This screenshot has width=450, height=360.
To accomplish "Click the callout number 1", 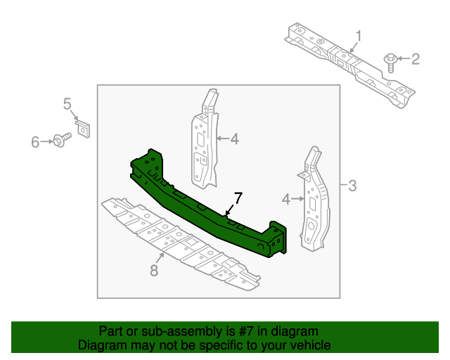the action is (x=359, y=36).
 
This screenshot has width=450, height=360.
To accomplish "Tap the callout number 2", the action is (x=416, y=59).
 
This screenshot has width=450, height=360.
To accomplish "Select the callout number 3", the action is (x=352, y=186).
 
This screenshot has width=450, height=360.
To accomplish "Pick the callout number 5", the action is (x=67, y=103).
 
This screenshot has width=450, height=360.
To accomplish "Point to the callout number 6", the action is (x=35, y=142).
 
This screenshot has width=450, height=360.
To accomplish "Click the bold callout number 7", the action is (x=238, y=198).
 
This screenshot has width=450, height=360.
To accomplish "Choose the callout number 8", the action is (x=154, y=270).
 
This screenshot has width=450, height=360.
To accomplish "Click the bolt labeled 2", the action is (x=390, y=63).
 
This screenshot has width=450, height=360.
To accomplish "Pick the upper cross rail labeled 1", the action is (x=350, y=65).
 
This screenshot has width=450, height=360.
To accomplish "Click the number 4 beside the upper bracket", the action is (x=235, y=139).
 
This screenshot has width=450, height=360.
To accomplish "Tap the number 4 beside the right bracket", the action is (x=286, y=199).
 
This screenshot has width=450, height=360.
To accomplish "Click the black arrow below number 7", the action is (x=230, y=210).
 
